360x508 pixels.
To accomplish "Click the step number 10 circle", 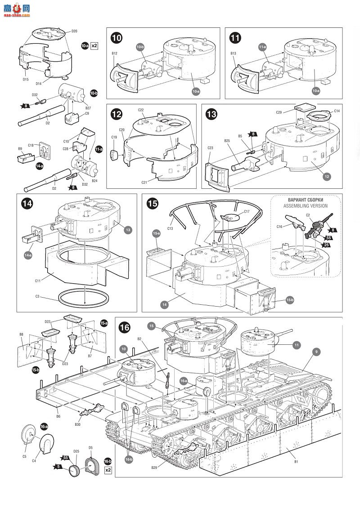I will coord(117,38).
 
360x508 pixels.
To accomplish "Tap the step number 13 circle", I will coord(211,114).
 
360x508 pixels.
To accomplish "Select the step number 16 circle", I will coord(125,327).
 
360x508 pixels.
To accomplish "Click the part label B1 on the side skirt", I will coord(296,462).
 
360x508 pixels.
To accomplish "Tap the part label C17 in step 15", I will coord(247,211).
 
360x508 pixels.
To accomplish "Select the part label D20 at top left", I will coord(74,31).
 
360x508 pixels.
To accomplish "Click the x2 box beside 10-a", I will coord(94,46).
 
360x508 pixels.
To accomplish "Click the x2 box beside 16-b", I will coord(108,470).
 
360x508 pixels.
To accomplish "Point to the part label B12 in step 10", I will coord(114,53).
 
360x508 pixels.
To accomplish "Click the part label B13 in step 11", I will coord(233,53).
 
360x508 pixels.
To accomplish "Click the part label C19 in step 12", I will coord(114,137).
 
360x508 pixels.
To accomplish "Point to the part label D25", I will coord(76,451).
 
